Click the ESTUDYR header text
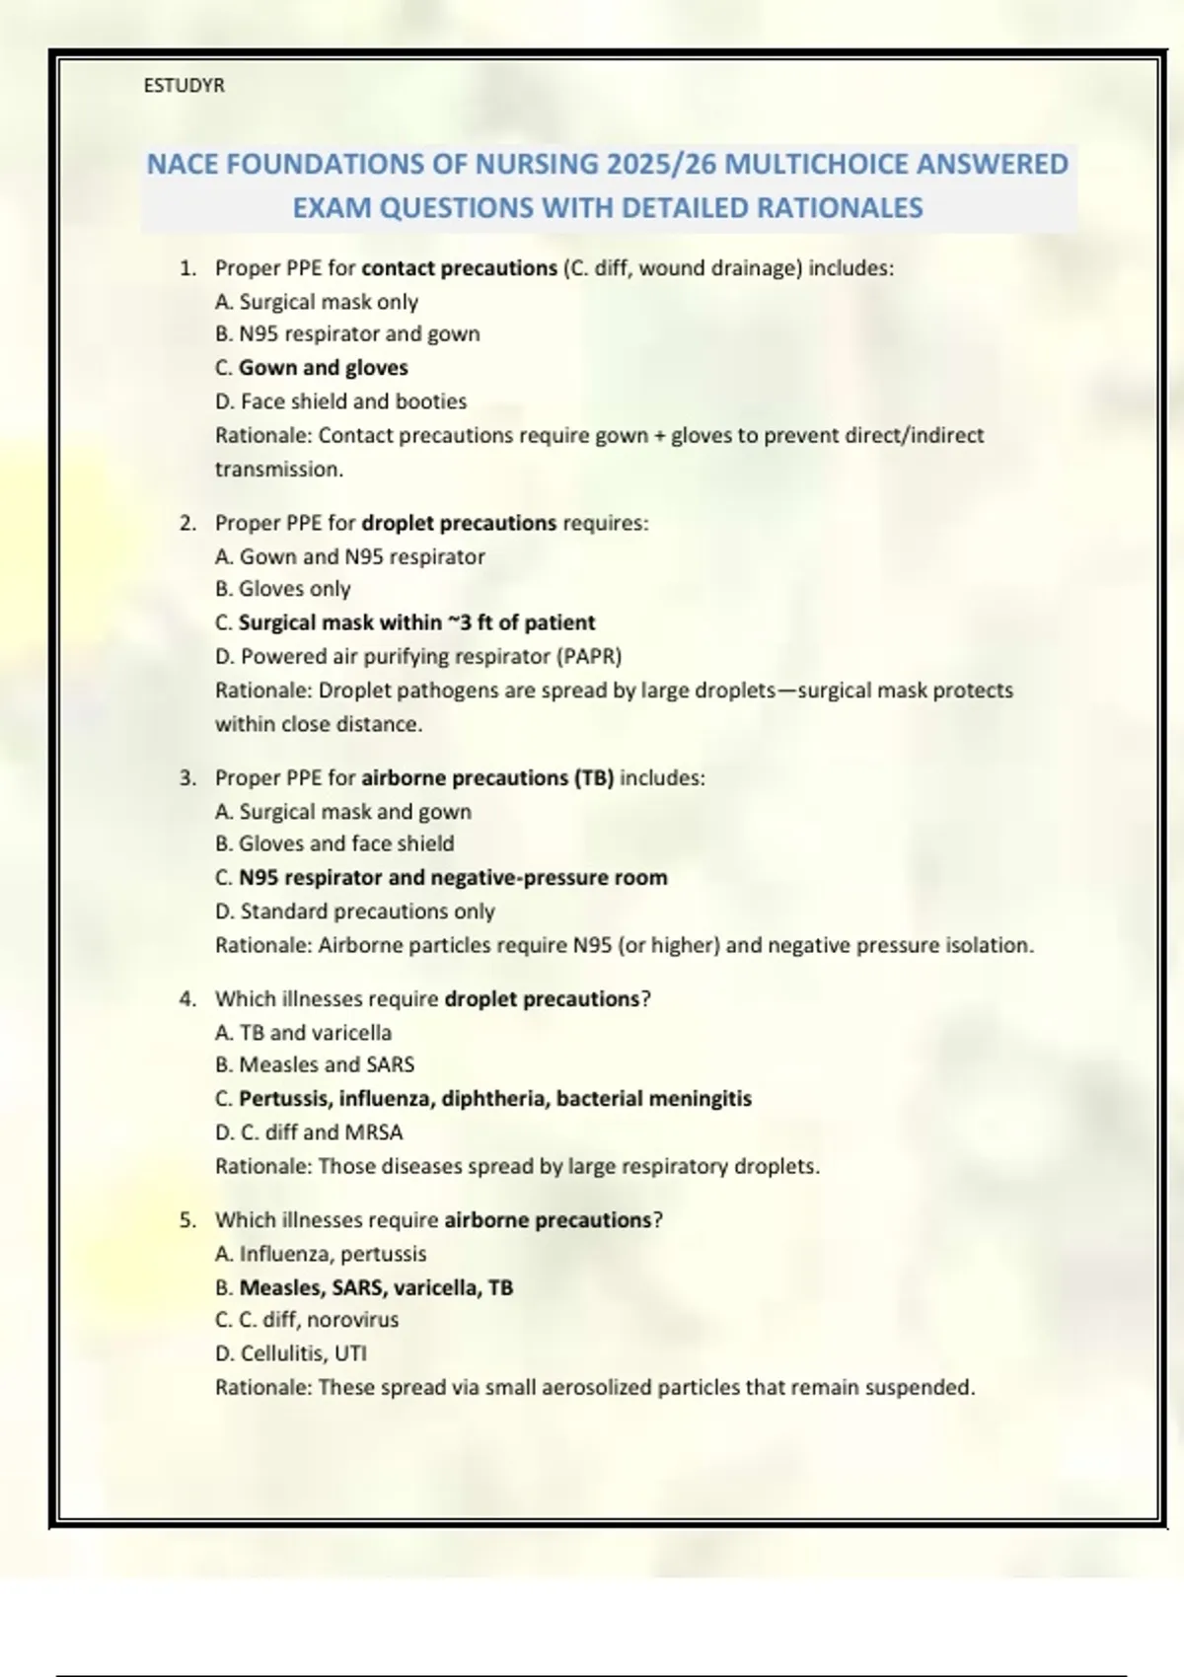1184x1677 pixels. coord(184,86)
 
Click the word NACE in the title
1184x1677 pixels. coord(183,164)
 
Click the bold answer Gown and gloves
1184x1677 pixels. coord(323,368)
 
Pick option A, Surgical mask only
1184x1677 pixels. coord(317,302)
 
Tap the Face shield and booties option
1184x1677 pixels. coord(341,401)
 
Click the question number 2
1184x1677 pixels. coord(186,523)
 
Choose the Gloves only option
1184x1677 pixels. coord(283,589)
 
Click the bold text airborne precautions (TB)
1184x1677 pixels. coord(487,778)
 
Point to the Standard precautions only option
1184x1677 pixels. coord(355,911)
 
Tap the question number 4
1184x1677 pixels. coord(186,999)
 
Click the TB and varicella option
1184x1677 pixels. coord(304,1033)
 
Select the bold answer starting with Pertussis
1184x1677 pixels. coord(494,1099)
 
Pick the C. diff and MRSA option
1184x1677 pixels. coord(310,1132)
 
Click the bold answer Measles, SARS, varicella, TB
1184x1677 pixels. coord(376,1287)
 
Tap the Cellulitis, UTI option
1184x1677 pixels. coord(291,1353)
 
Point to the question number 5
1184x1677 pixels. coord(186,1220)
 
